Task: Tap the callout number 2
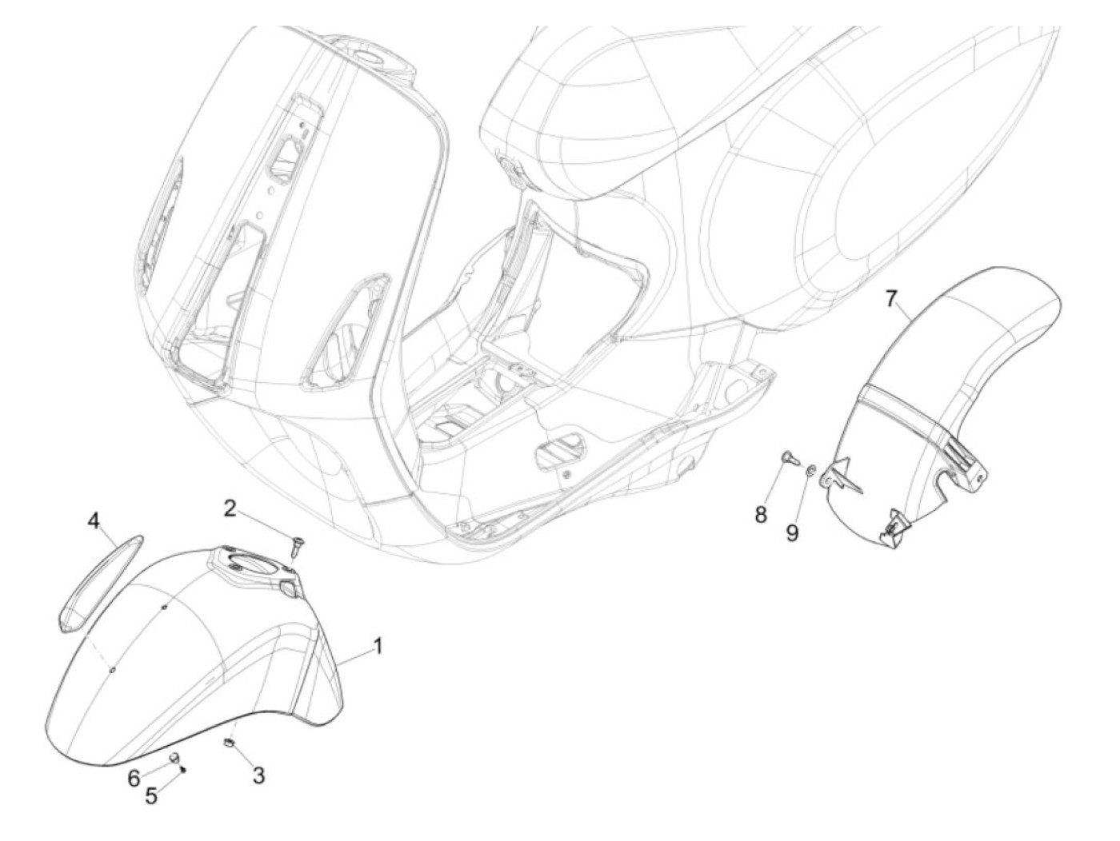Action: (230, 508)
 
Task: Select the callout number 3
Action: (258, 774)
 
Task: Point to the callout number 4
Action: (94, 522)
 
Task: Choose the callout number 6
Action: (134, 776)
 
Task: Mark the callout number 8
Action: (761, 513)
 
